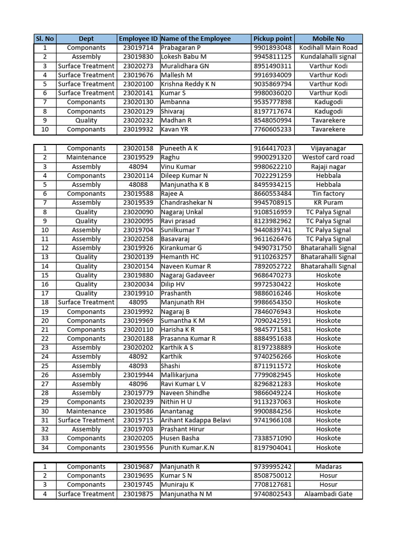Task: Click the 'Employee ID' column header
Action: pos(138,39)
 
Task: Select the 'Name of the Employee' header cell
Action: pos(196,39)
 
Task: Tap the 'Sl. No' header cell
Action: pos(44,39)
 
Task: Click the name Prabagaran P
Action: pos(181,48)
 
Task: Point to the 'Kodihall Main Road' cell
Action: pos(328,48)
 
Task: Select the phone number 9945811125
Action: pos(272,57)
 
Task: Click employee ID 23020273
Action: pos(138,66)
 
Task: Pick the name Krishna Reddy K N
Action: pos(188,84)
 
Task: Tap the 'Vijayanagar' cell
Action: pos(328,148)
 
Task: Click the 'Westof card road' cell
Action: pos(328,157)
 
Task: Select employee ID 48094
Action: pos(138,166)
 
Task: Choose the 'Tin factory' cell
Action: pos(328,194)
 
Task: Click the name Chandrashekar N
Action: pos(186,203)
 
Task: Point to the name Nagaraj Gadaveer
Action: pos(187,275)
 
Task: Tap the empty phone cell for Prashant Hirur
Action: pos(272,429)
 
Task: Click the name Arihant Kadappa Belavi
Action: pos(196,420)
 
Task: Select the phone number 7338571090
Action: pos(272,438)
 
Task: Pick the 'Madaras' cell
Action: pos(328,466)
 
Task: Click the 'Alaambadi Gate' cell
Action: pos(328,494)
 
